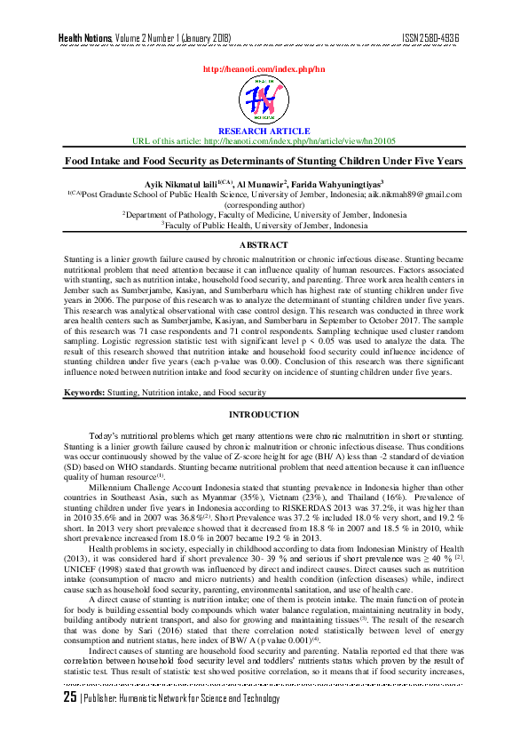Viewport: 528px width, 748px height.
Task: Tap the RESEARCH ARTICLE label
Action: [264, 131]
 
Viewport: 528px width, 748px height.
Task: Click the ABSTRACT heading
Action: [264, 244]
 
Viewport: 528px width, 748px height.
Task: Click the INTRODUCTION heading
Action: [264, 415]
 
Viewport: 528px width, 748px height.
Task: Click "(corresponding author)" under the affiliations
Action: [264, 203]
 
